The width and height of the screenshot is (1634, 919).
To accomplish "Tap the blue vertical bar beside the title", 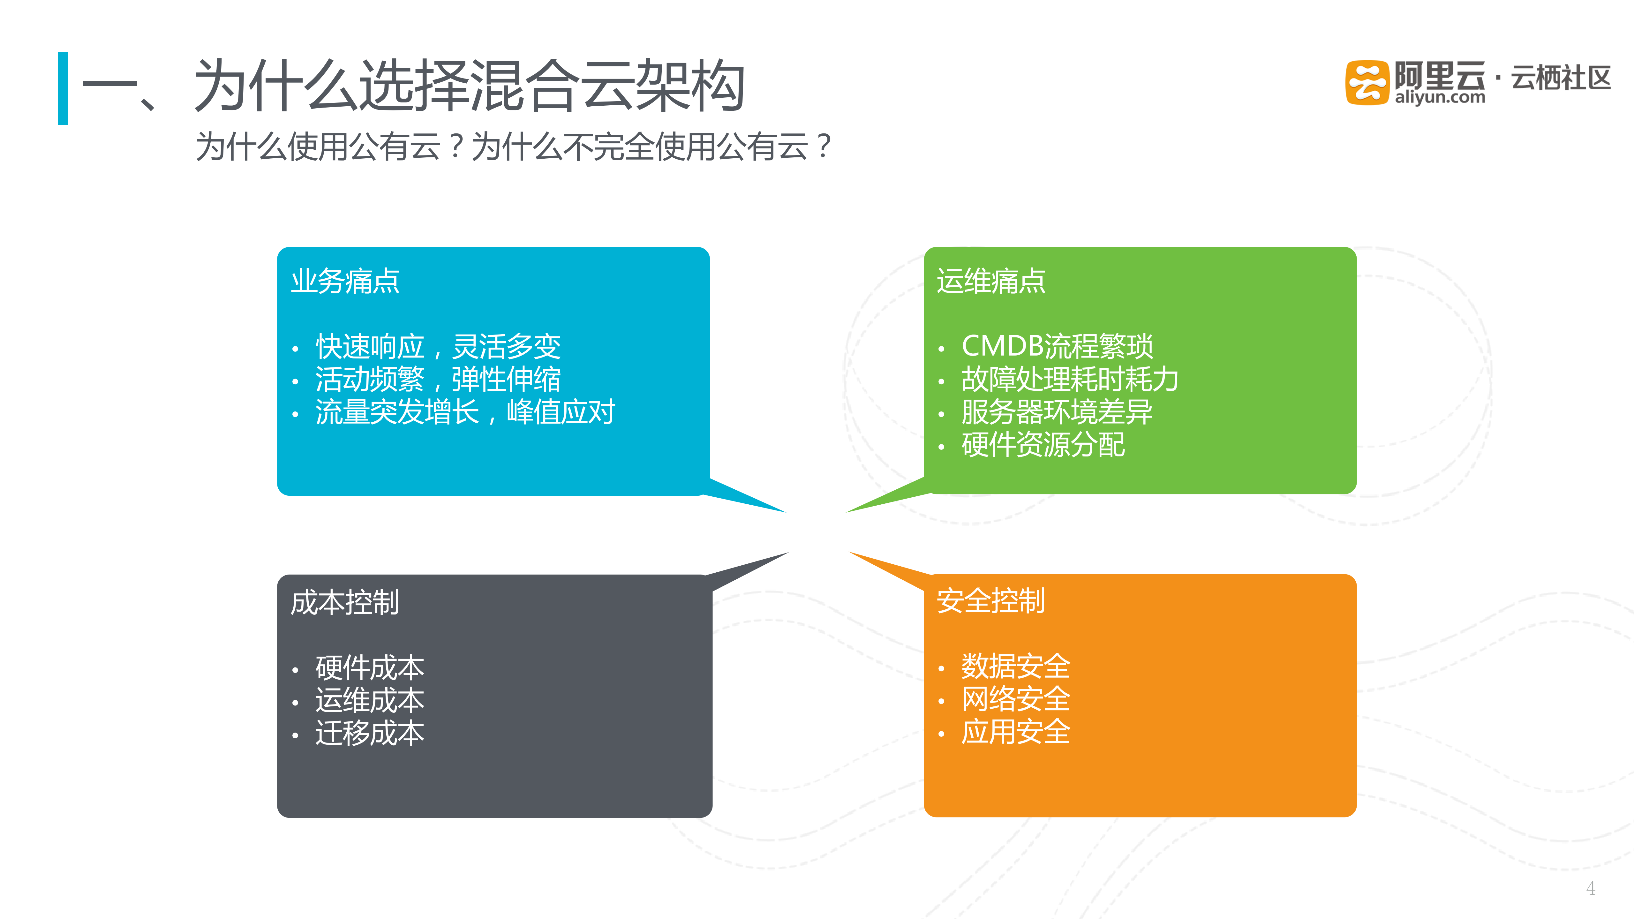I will [63, 88].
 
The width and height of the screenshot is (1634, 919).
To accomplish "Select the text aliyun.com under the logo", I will [1439, 98].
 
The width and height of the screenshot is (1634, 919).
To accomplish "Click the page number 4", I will [1590, 888].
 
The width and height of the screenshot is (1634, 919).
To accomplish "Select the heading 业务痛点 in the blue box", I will [345, 281].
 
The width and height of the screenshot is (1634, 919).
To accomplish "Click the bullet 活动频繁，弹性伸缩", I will [438, 379].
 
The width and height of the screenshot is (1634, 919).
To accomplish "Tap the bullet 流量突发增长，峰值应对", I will [465, 412].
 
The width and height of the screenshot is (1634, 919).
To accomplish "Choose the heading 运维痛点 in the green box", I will [991, 281].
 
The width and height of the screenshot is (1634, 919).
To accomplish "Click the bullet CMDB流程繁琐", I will [1057, 346].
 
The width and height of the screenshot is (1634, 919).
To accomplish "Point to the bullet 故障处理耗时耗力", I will [1069, 379].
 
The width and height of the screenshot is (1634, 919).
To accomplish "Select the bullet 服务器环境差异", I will [1057, 412].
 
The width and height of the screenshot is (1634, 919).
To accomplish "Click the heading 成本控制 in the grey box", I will [344, 602].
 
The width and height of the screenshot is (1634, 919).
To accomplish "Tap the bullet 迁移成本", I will [370, 733].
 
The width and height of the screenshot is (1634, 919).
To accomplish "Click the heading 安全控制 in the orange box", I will [991, 601].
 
